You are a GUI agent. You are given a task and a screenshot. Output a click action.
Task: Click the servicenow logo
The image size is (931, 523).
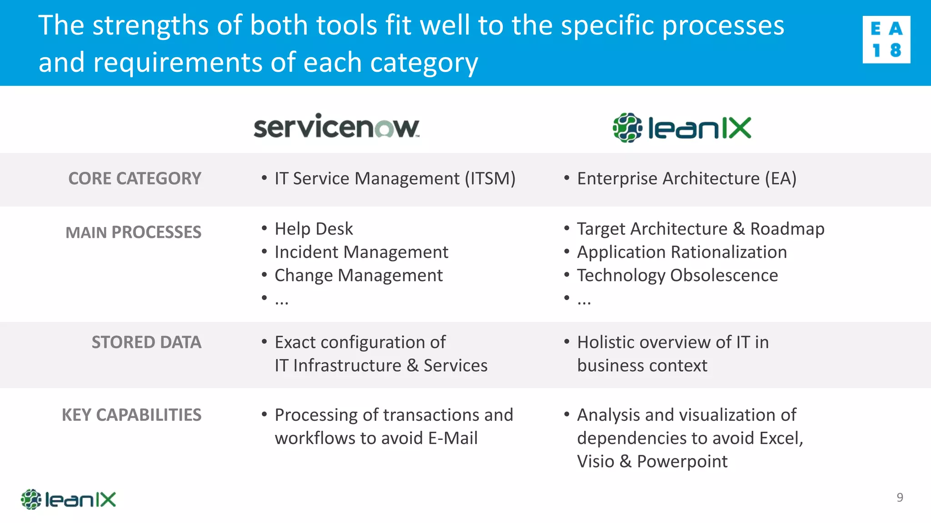point(336,127)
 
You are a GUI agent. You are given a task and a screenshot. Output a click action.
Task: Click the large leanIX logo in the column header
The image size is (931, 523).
point(682,128)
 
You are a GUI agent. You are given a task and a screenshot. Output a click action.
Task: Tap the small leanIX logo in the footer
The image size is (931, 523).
point(68,499)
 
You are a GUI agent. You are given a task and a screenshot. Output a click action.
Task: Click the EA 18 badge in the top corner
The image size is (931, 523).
point(886,39)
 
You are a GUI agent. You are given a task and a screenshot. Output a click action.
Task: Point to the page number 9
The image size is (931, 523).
point(900,498)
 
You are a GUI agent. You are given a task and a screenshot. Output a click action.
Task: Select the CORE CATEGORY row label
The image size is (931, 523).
point(135,178)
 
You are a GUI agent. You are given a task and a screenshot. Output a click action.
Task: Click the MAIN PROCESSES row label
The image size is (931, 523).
point(133,232)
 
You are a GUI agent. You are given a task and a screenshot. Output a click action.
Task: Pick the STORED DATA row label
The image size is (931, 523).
point(146,342)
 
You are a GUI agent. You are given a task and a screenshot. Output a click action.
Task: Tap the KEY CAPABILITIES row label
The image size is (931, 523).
point(131,415)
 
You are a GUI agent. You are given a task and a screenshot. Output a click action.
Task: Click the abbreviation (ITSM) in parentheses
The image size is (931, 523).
point(490,178)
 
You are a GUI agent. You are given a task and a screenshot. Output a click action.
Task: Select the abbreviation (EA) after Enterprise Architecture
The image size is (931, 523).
point(780,178)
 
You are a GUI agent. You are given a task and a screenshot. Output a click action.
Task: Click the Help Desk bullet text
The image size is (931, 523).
point(314,229)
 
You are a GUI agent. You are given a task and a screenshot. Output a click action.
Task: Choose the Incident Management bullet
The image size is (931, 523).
point(361,252)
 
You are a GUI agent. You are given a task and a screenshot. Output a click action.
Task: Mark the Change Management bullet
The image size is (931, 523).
point(359,275)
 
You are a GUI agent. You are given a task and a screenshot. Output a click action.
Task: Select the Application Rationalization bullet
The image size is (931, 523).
point(682,252)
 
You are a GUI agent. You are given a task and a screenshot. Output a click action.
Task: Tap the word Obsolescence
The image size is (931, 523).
point(724,275)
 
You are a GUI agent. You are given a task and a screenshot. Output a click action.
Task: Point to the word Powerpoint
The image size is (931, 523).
point(682,461)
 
